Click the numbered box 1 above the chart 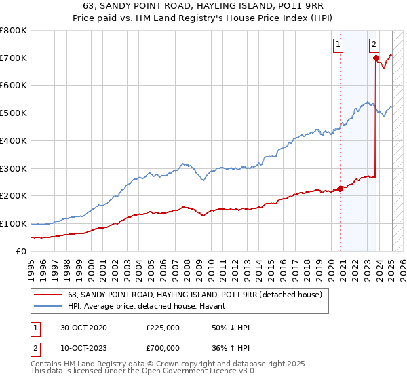click(x=338, y=45)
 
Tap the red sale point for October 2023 click(x=375, y=58)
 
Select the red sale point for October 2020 click(x=340, y=189)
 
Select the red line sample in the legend click(x=48, y=294)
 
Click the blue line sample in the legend click(x=48, y=307)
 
